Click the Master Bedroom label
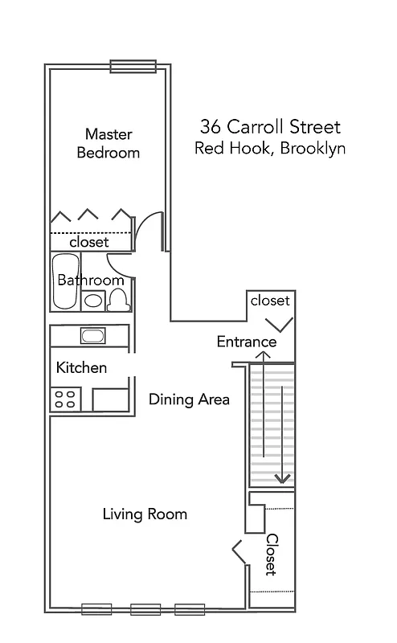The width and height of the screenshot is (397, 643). click(108, 142)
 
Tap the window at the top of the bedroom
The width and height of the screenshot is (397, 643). click(133, 67)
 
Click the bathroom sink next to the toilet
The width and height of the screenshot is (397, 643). click(94, 301)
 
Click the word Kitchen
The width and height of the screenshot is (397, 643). click(81, 367)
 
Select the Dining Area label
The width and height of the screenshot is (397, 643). click(190, 399)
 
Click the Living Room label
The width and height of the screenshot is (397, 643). click(145, 514)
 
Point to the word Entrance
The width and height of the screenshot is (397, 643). click(247, 342)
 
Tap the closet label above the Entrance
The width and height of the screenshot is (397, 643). click(269, 301)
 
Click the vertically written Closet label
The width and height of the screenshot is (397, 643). click(272, 555)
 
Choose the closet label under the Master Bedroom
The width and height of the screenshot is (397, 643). click(88, 241)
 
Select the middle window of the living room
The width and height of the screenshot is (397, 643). click(143, 608)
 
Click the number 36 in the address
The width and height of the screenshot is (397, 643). click(211, 127)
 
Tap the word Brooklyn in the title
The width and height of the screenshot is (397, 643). click(313, 149)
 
